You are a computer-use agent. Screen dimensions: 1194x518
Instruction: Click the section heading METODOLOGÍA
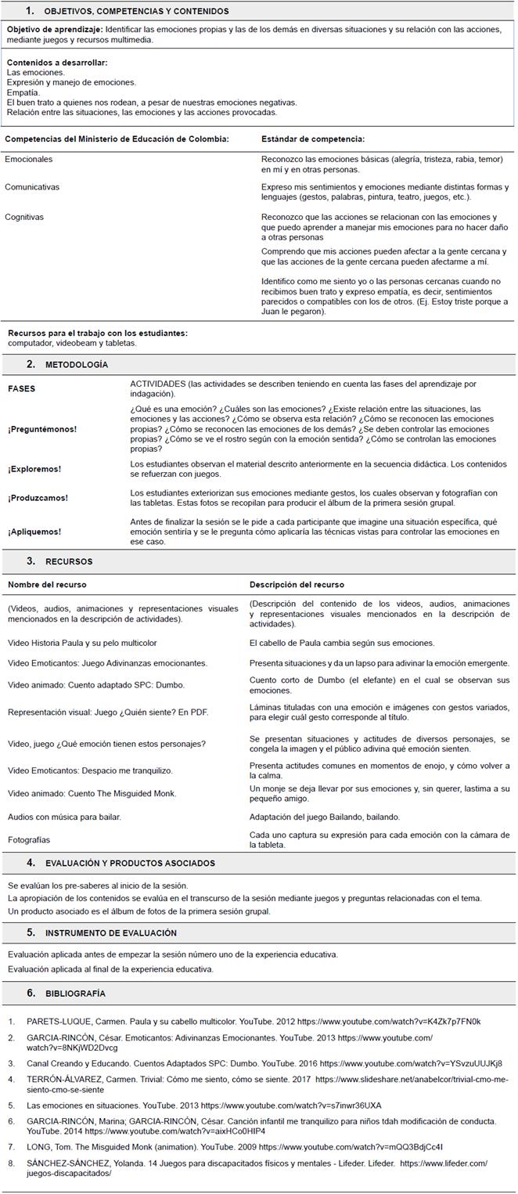pyautogui.click(x=77, y=365)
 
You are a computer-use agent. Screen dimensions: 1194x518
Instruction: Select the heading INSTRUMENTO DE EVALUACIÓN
pyautogui.click(x=110, y=933)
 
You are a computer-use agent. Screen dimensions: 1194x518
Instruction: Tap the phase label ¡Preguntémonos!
pyautogui.click(x=42, y=429)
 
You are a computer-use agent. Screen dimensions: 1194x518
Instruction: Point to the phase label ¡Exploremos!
pyautogui.click(x=34, y=469)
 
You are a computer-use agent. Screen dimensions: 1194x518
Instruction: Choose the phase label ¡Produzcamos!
pyautogui.click(x=38, y=498)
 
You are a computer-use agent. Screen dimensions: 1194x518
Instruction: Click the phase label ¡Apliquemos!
pyautogui.click(x=34, y=532)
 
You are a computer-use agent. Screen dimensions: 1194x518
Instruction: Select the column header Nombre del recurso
pyautogui.click(x=47, y=584)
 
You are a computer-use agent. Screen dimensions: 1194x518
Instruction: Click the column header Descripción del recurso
pyautogui.click(x=297, y=584)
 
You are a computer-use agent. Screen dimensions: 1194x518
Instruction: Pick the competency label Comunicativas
pyautogui.click(x=32, y=187)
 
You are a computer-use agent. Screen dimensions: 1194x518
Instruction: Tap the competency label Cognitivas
pyautogui.click(x=24, y=217)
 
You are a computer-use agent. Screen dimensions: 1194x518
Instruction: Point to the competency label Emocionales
pyautogui.click(x=29, y=159)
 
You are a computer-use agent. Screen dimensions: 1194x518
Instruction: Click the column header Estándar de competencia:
pyautogui.click(x=312, y=139)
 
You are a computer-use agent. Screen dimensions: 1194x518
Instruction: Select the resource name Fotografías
pyautogui.click(x=29, y=840)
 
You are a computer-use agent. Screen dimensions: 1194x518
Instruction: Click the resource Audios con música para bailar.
pyautogui.click(x=64, y=817)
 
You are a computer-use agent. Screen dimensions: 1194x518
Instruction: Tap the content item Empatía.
pyautogui.click(x=23, y=92)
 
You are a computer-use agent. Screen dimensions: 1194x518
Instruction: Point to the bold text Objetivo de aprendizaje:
pyautogui.click(x=55, y=29)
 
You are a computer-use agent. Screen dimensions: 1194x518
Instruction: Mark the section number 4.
pyautogui.click(x=31, y=864)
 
